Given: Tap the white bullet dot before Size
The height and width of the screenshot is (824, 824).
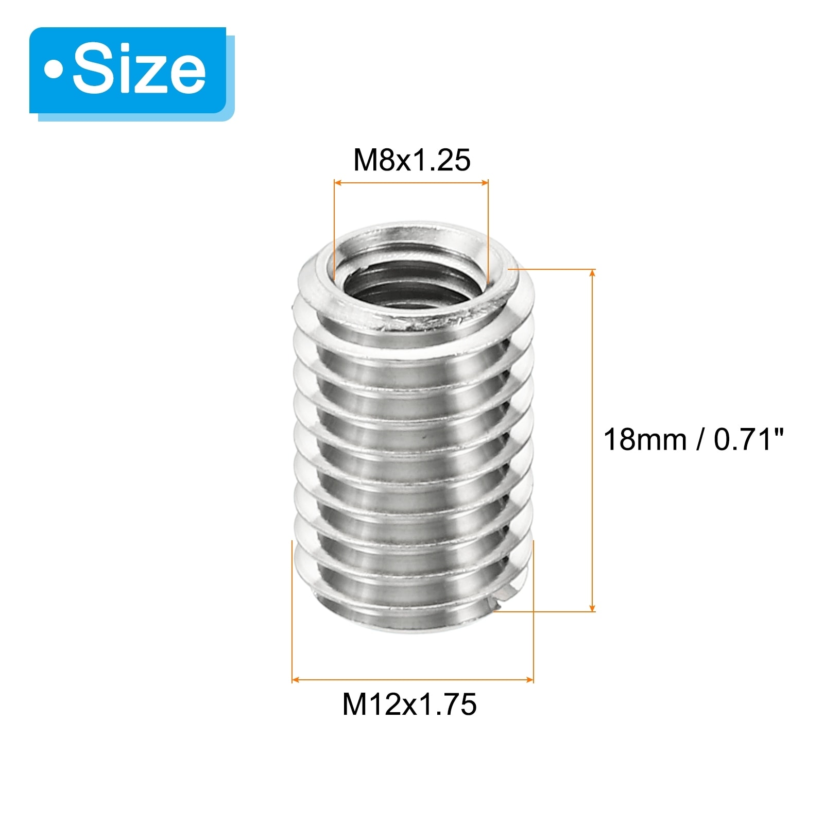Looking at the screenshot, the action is tap(53, 70).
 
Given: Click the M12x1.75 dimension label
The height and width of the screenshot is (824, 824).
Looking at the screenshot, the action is tap(409, 704).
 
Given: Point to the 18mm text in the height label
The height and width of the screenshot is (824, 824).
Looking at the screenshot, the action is tap(645, 440).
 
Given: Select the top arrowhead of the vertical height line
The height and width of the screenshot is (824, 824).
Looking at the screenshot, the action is tap(592, 273).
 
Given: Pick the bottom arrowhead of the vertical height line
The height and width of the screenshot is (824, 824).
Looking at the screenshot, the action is tap(592, 607).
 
